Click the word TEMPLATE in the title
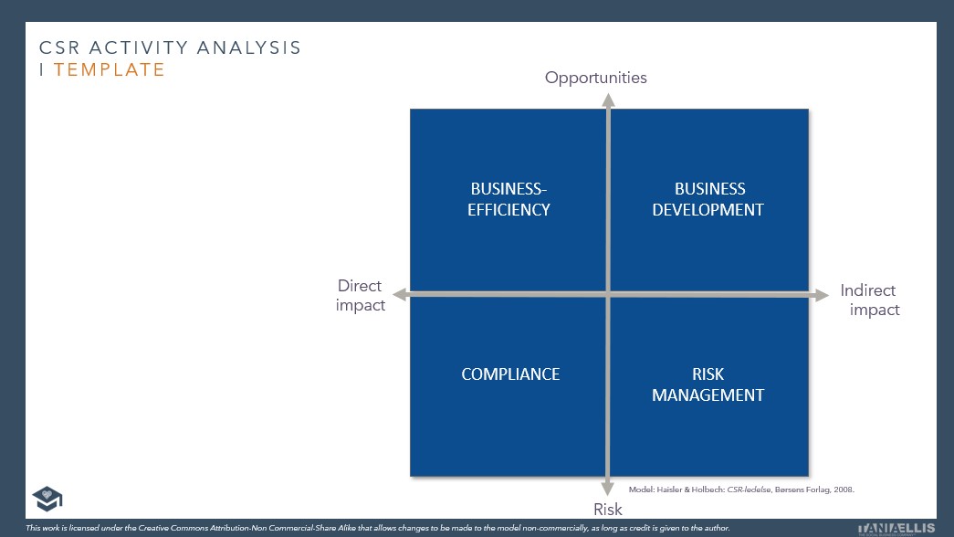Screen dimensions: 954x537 110,69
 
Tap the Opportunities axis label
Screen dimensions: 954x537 595,78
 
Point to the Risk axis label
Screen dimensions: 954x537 608,509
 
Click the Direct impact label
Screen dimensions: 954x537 360,295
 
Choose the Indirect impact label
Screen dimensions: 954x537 870,300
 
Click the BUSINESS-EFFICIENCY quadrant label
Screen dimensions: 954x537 510,199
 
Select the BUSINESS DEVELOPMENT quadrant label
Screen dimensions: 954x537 709,199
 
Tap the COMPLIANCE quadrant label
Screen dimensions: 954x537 510,374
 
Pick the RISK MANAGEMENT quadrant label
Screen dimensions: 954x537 708,384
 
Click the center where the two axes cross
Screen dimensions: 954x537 608,293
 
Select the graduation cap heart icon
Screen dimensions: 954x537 47,499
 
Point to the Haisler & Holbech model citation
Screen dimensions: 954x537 741,490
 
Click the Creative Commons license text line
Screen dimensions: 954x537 378,528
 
